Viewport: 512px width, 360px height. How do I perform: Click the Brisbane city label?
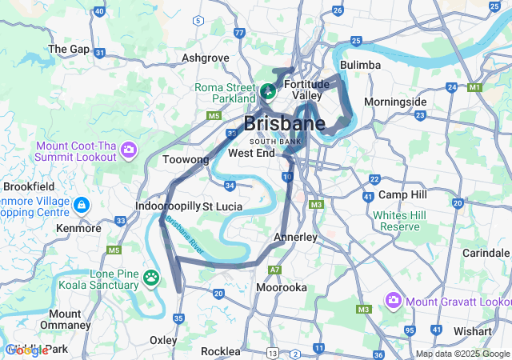pyautogui.click(x=284, y=124)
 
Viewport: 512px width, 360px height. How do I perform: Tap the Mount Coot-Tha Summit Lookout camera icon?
pyautogui.click(x=129, y=150)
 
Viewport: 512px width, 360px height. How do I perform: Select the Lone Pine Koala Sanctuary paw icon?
pyautogui.click(x=152, y=277)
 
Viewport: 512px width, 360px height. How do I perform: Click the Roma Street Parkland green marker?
pyautogui.click(x=268, y=91)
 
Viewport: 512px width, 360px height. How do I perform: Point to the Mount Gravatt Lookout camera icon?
pyautogui.click(x=393, y=301)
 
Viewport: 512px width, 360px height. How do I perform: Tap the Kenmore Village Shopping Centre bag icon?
pyautogui.click(x=81, y=206)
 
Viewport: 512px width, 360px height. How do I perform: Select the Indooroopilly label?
pyautogui.click(x=167, y=206)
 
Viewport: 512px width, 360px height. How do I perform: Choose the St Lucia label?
pyautogui.click(x=222, y=206)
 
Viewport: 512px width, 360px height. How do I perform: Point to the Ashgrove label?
pyautogui.click(x=206, y=58)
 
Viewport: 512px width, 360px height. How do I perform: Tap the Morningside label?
pyautogui.click(x=395, y=102)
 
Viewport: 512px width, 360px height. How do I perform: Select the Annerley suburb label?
pyautogui.click(x=295, y=237)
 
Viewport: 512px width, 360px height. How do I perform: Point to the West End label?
pyautogui.click(x=251, y=152)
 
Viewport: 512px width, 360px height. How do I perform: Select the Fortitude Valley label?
pyautogui.click(x=306, y=89)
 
